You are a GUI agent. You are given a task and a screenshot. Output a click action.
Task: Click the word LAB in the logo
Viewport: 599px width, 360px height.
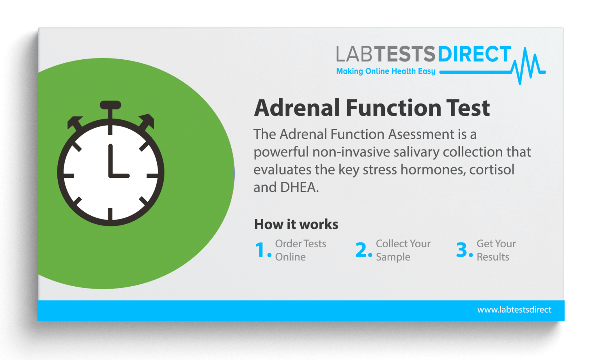click(354, 55)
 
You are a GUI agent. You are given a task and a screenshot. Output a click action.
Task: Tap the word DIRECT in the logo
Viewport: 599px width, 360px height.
click(474, 55)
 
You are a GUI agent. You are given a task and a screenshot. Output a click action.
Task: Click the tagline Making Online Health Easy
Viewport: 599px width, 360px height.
click(386, 71)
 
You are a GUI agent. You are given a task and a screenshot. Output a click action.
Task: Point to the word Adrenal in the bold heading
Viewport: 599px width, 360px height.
click(297, 108)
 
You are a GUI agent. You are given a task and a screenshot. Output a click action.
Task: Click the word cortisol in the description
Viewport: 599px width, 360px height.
click(492, 170)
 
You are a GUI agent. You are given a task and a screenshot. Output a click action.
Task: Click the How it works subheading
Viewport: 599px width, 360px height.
click(296, 224)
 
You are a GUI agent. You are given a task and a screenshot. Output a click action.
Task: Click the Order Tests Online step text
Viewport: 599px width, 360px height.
click(300, 250)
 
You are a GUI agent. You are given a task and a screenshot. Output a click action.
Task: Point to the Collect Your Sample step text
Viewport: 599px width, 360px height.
click(403, 250)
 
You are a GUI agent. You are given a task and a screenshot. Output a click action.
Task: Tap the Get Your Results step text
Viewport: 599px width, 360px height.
click(496, 250)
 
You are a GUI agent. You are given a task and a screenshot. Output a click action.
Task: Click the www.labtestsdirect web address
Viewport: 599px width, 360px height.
click(514, 310)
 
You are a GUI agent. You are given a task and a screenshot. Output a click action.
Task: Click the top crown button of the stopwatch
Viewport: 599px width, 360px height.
click(110, 105)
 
